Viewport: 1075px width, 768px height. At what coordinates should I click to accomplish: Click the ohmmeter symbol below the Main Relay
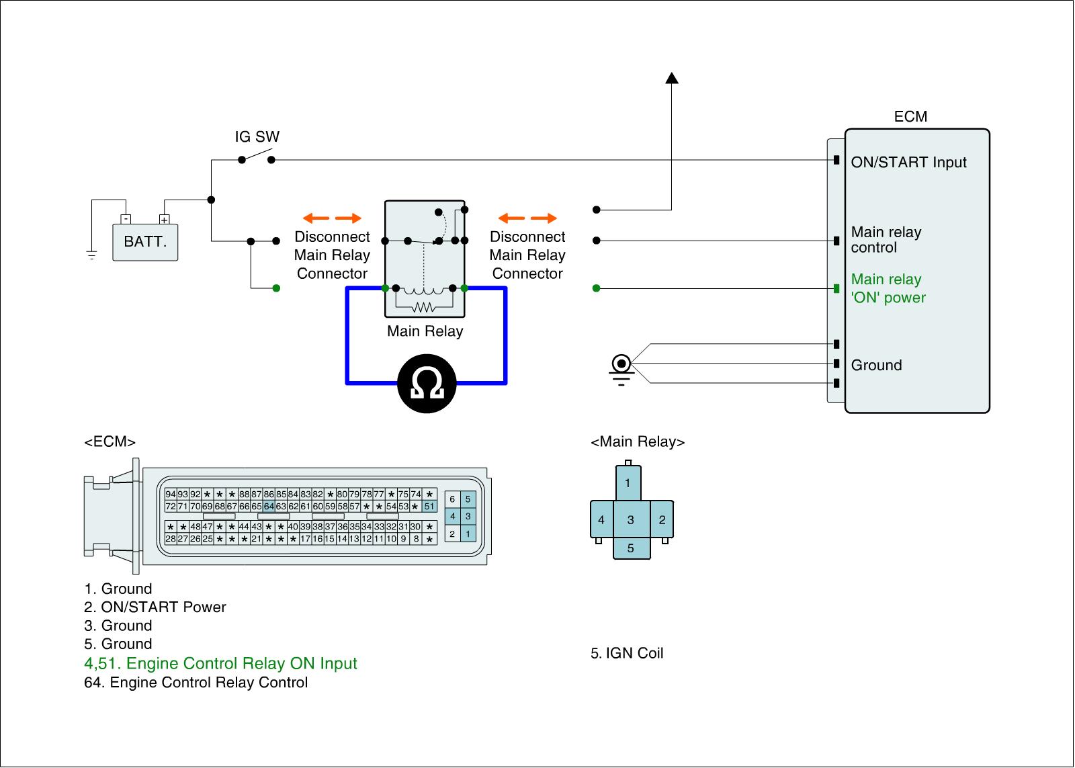427,383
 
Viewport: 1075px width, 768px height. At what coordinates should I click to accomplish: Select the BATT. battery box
145,241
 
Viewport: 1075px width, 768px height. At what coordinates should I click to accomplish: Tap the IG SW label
257,137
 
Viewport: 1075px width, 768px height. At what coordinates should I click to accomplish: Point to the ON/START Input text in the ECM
908,163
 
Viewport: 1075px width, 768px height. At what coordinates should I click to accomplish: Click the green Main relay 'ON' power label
888,289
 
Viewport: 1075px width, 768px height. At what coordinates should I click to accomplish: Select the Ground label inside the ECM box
876,366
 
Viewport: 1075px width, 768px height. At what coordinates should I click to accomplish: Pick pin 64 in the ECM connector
269,506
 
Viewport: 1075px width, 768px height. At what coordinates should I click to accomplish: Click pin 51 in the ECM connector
429,506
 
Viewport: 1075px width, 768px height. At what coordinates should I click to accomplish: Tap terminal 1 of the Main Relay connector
628,482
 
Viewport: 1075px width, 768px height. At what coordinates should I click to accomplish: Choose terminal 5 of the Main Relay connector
631,548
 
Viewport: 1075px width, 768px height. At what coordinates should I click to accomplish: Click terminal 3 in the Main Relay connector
630,519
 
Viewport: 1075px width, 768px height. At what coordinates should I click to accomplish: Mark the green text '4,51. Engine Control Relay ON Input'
220,664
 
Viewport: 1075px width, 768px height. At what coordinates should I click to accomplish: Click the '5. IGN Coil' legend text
627,653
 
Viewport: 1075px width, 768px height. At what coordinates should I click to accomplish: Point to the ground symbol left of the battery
91,255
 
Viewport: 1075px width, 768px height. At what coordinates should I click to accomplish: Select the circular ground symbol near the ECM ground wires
621,364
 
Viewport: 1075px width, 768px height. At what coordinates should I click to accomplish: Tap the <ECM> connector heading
110,442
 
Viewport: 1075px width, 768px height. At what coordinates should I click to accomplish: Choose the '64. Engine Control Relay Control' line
196,683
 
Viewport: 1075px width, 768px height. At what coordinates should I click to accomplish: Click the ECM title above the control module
910,117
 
